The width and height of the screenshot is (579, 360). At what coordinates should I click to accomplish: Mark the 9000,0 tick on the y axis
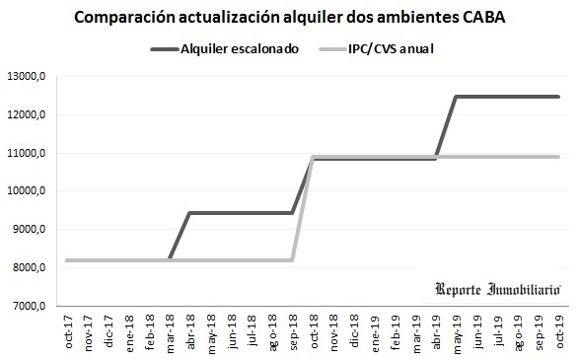[x=28, y=230]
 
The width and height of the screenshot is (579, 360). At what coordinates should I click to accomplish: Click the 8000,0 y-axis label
[x=28, y=268]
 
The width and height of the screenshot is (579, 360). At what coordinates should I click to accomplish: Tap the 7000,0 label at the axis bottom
[x=28, y=307]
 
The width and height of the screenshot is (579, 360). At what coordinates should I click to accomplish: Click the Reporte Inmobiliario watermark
[x=498, y=288]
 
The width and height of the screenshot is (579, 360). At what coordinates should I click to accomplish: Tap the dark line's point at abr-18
[x=188, y=213]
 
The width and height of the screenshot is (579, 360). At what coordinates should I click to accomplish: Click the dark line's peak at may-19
[x=456, y=97]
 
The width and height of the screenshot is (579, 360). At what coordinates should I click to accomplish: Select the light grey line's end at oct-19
[x=559, y=157]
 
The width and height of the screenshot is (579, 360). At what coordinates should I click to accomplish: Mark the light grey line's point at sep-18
[x=292, y=260]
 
